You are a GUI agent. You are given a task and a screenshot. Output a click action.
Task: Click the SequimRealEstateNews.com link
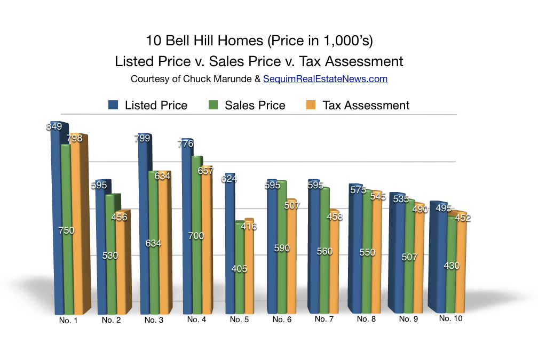pyautogui.click(x=325, y=79)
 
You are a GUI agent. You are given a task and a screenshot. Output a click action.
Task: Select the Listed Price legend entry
pyautogui.click(x=156, y=106)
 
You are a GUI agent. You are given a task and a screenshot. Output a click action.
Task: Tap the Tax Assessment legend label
pyautogui.click(x=366, y=106)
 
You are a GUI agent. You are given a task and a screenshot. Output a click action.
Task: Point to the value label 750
pyautogui.click(x=67, y=231)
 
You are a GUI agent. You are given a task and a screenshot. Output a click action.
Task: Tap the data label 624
pyautogui.click(x=230, y=179)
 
